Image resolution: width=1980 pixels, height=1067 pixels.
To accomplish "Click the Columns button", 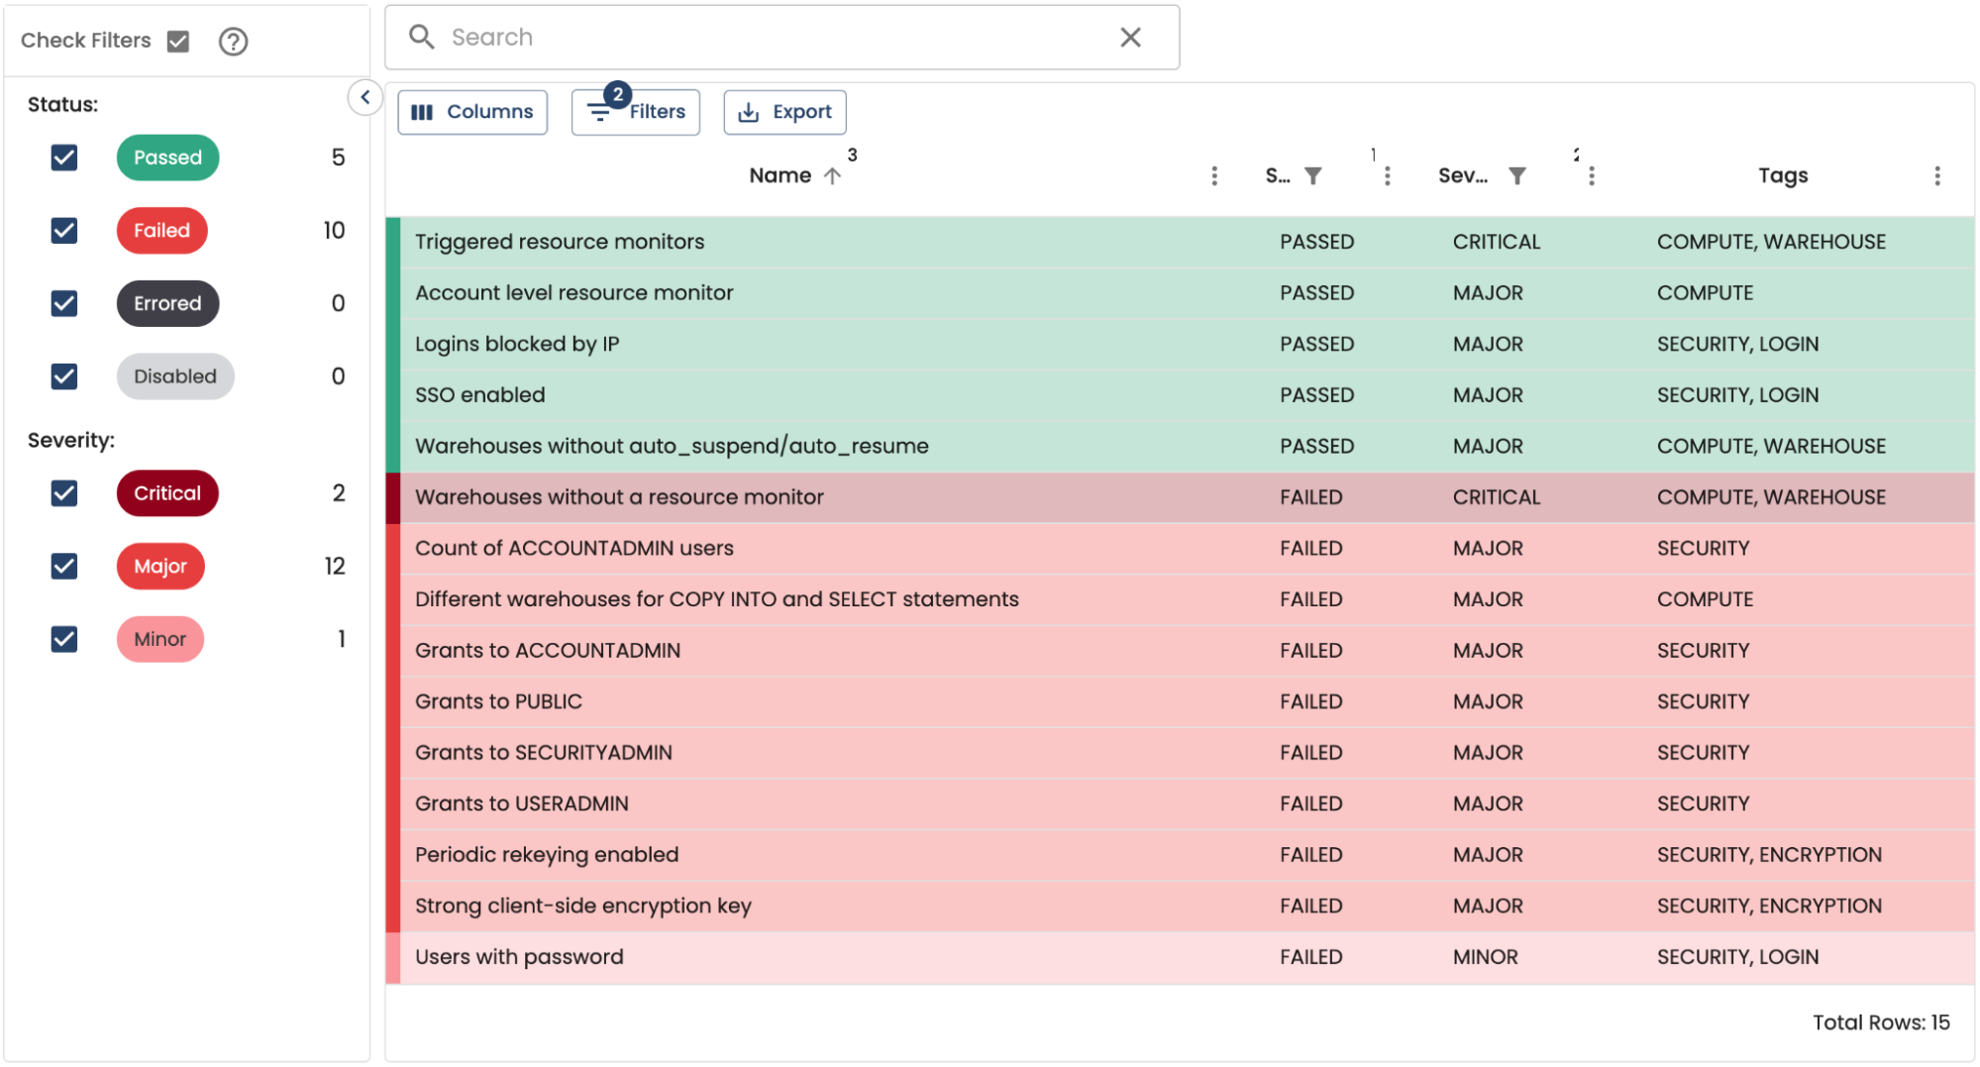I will pyautogui.click(x=471, y=112).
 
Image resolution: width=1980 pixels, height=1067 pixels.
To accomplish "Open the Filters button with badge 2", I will pyautogui.click(x=636, y=112).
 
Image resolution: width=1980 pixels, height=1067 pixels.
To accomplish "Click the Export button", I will pyautogui.click(x=784, y=112).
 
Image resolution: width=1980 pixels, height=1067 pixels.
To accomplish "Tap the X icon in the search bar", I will pyautogui.click(x=1130, y=38).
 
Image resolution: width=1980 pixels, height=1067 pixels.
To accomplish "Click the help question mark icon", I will pyautogui.click(x=233, y=42).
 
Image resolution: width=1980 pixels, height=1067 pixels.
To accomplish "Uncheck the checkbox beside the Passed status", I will pyautogui.click(x=64, y=158).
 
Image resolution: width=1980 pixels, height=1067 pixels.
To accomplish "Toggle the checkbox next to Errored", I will pyautogui.click(x=64, y=303).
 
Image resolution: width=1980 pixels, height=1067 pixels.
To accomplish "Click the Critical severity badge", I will pyautogui.click(x=167, y=493).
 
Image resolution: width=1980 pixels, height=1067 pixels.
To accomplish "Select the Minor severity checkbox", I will pyautogui.click(x=64, y=639).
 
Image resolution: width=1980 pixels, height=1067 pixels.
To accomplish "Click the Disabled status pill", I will pyautogui.click(x=175, y=376).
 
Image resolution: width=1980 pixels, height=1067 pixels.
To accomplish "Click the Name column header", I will pyautogui.click(x=781, y=175).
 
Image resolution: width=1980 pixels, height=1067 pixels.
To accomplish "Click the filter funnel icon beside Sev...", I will pyautogui.click(x=1516, y=176).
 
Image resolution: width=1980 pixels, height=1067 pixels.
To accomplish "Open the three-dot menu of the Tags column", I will pyautogui.click(x=1937, y=176).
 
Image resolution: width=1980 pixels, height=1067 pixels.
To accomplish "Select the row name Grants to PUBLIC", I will pyautogui.click(x=498, y=701).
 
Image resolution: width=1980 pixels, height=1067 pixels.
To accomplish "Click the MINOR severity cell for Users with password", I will pyautogui.click(x=1485, y=957).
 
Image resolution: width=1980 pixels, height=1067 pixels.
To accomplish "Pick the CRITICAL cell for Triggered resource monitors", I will pyautogui.click(x=1496, y=242).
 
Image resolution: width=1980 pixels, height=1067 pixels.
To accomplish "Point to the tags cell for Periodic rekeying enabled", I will pyautogui.click(x=1769, y=855).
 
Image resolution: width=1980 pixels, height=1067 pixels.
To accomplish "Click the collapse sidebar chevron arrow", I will pyautogui.click(x=365, y=97).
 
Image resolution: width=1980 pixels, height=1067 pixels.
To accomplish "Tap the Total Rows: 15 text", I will pyautogui.click(x=1880, y=1022).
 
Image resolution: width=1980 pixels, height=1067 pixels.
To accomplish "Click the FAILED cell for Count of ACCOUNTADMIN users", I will pyautogui.click(x=1310, y=548).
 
